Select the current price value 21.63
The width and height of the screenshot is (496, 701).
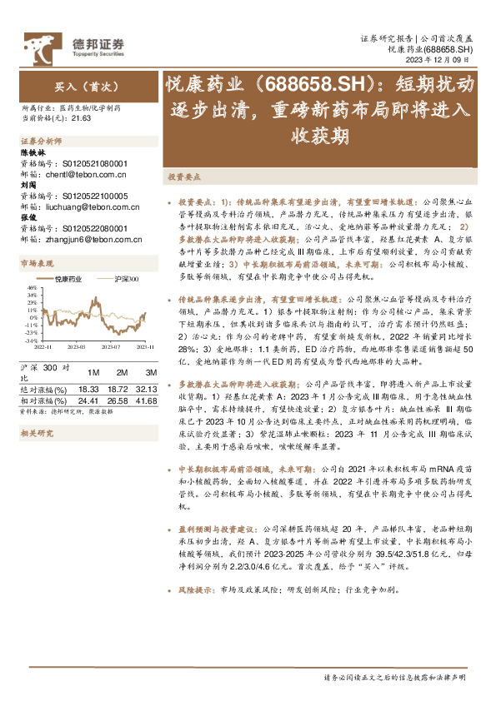(x=82, y=119)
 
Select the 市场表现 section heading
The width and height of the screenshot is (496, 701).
(x=34, y=263)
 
